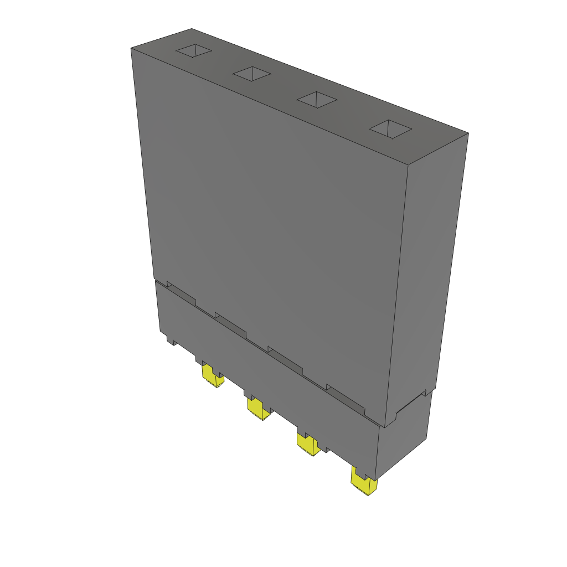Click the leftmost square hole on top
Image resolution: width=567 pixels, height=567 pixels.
(x=194, y=51)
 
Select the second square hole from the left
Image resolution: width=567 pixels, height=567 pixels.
(x=251, y=73)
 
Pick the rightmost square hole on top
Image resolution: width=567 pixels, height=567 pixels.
(x=390, y=128)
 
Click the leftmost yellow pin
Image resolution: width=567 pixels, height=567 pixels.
(x=212, y=377)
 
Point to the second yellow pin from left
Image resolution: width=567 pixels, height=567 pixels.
(x=258, y=410)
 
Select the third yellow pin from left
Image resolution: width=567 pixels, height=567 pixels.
(x=308, y=444)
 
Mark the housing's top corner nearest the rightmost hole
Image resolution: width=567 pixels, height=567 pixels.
(x=468, y=133)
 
